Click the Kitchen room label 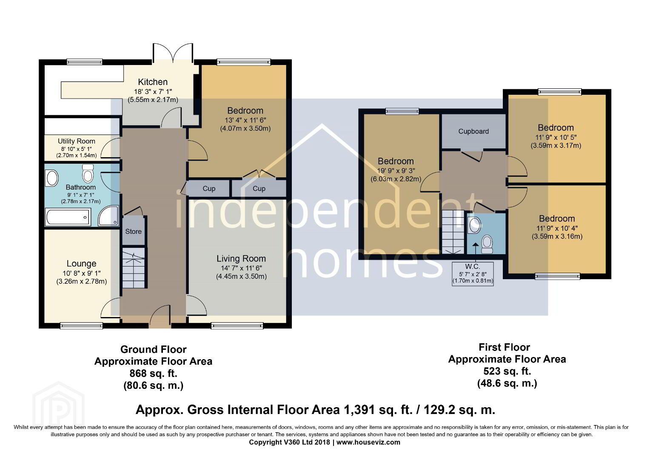click(x=153, y=82)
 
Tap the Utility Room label click(x=76, y=141)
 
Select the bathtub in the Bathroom click(x=68, y=217)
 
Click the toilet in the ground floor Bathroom click(x=88, y=173)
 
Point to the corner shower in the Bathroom click(x=108, y=215)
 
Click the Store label click(x=134, y=231)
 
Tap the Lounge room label click(x=82, y=263)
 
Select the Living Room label click(x=241, y=259)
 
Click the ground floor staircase click(x=133, y=268)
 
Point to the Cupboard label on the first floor click(x=473, y=131)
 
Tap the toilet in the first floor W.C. click(x=487, y=244)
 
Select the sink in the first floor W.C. click(x=475, y=225)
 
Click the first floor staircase click(x=453, y=232)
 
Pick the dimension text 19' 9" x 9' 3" click(x=396, y=171)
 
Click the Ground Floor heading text click(x=153, y=349)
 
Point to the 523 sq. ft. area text click(x=507, y=371)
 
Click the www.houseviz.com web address click(x=368, y=442)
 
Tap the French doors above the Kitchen click(x=173, y=53)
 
